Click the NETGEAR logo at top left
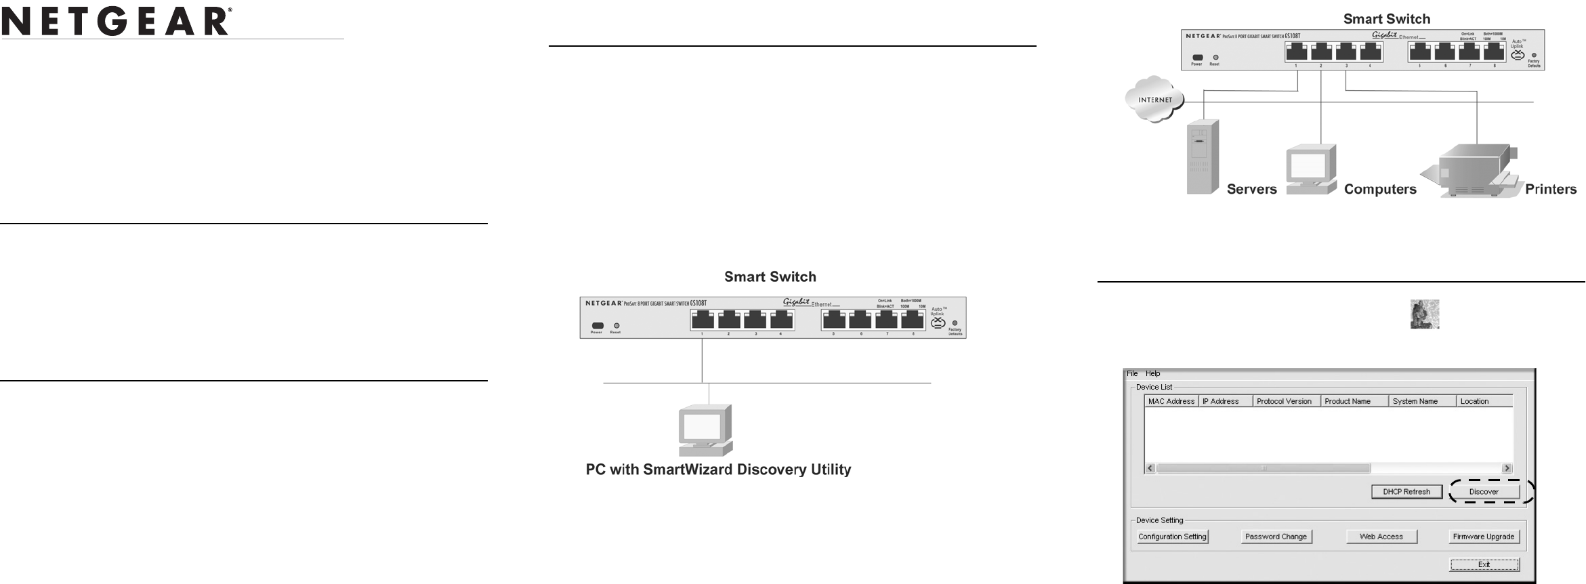(x=117, y=22)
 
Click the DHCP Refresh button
(x=1406, y=492)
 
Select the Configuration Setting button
(x=1172, y=537)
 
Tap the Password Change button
(x=1276, y=537)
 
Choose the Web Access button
(x=1381, y=537)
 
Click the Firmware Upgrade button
(x=1483, y=537)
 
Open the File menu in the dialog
(x=1132, y=373)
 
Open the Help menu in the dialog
(x=1152, y=373)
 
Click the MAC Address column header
(x=1171, y=401)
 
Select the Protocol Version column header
(x=1285, y=401)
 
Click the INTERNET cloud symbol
(x=1154, y=100)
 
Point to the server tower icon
(x=1203, y=157)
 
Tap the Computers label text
(x=1380, y=190)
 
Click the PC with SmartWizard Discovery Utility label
(x=718, y=470)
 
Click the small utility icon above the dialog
(x=1424, y=314)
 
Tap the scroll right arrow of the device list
(x=1507, y=468)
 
